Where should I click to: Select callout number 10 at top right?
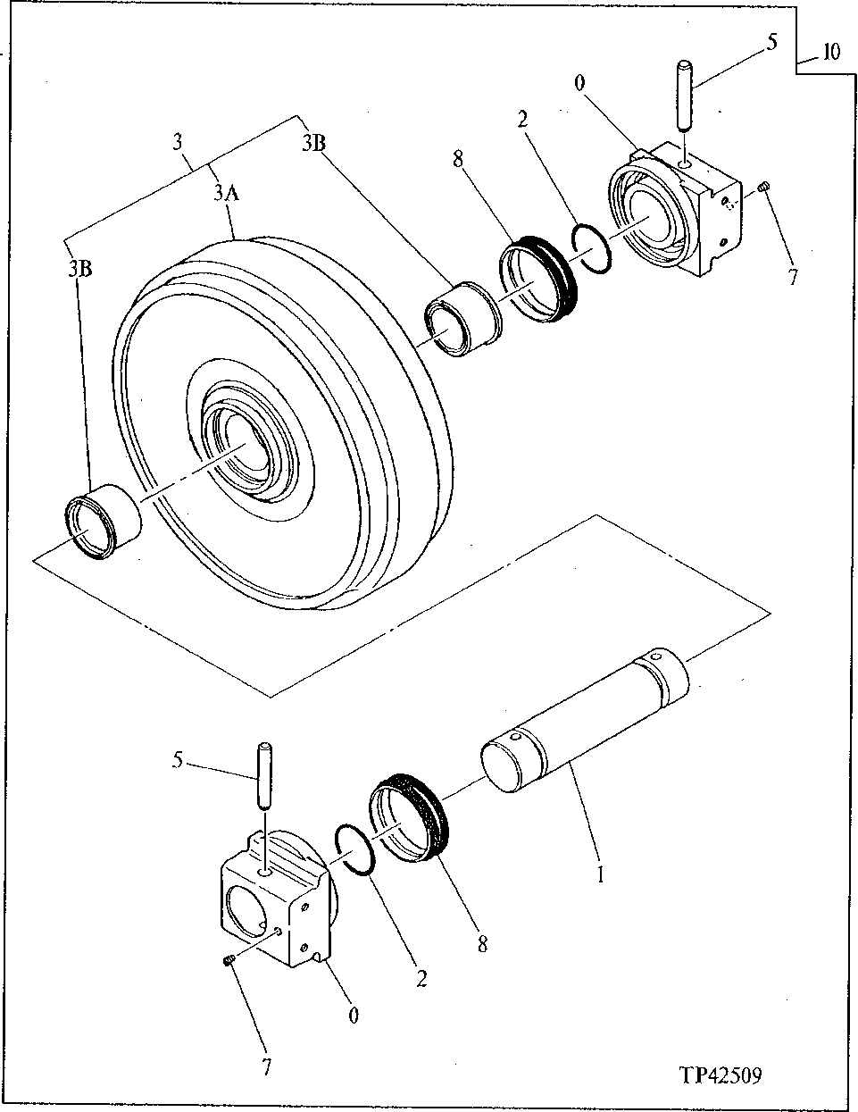tap(830, 53)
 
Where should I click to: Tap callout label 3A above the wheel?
tap(225, 192)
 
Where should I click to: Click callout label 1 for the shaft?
tap(600, 875)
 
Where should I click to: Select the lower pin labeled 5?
tap(265, 775)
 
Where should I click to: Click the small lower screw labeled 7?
tap(226, 960)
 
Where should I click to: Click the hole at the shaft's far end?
tap(657, 658)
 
